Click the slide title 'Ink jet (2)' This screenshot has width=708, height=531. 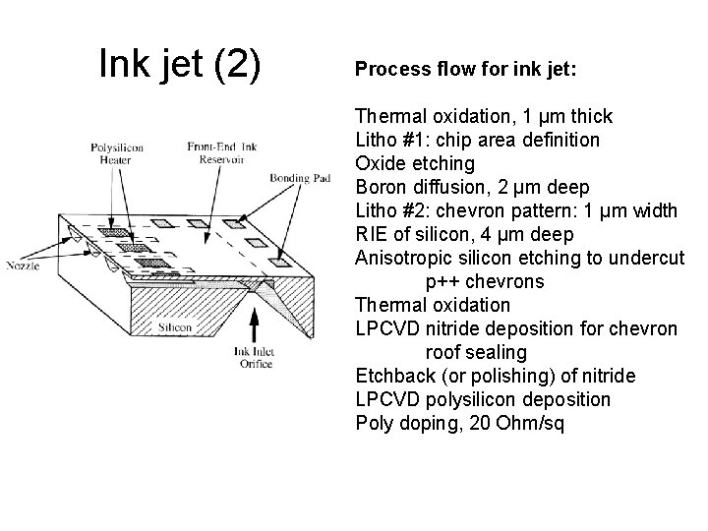[181, 65]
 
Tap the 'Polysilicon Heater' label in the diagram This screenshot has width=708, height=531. [116, 154]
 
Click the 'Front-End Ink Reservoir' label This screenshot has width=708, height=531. [213, 153]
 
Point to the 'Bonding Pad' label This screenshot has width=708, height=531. [296, 178]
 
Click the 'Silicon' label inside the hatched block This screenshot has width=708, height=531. [173, 326]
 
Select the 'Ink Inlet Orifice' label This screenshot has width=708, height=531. [253, 357]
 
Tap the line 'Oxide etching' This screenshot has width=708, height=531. [414, 163]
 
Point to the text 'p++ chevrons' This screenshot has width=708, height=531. [483, 281]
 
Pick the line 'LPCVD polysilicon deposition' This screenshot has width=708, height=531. [482, 399]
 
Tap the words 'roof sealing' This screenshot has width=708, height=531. [476, 352]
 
